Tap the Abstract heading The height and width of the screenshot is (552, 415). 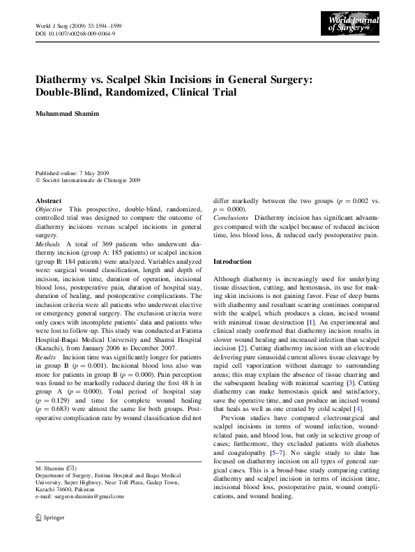[48, 200]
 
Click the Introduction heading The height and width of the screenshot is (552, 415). [232, 261]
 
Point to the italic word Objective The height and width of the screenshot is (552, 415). [50, 209]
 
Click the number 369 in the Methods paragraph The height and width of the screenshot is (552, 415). [100, 246]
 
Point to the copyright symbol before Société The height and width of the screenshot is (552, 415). [38, 180]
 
